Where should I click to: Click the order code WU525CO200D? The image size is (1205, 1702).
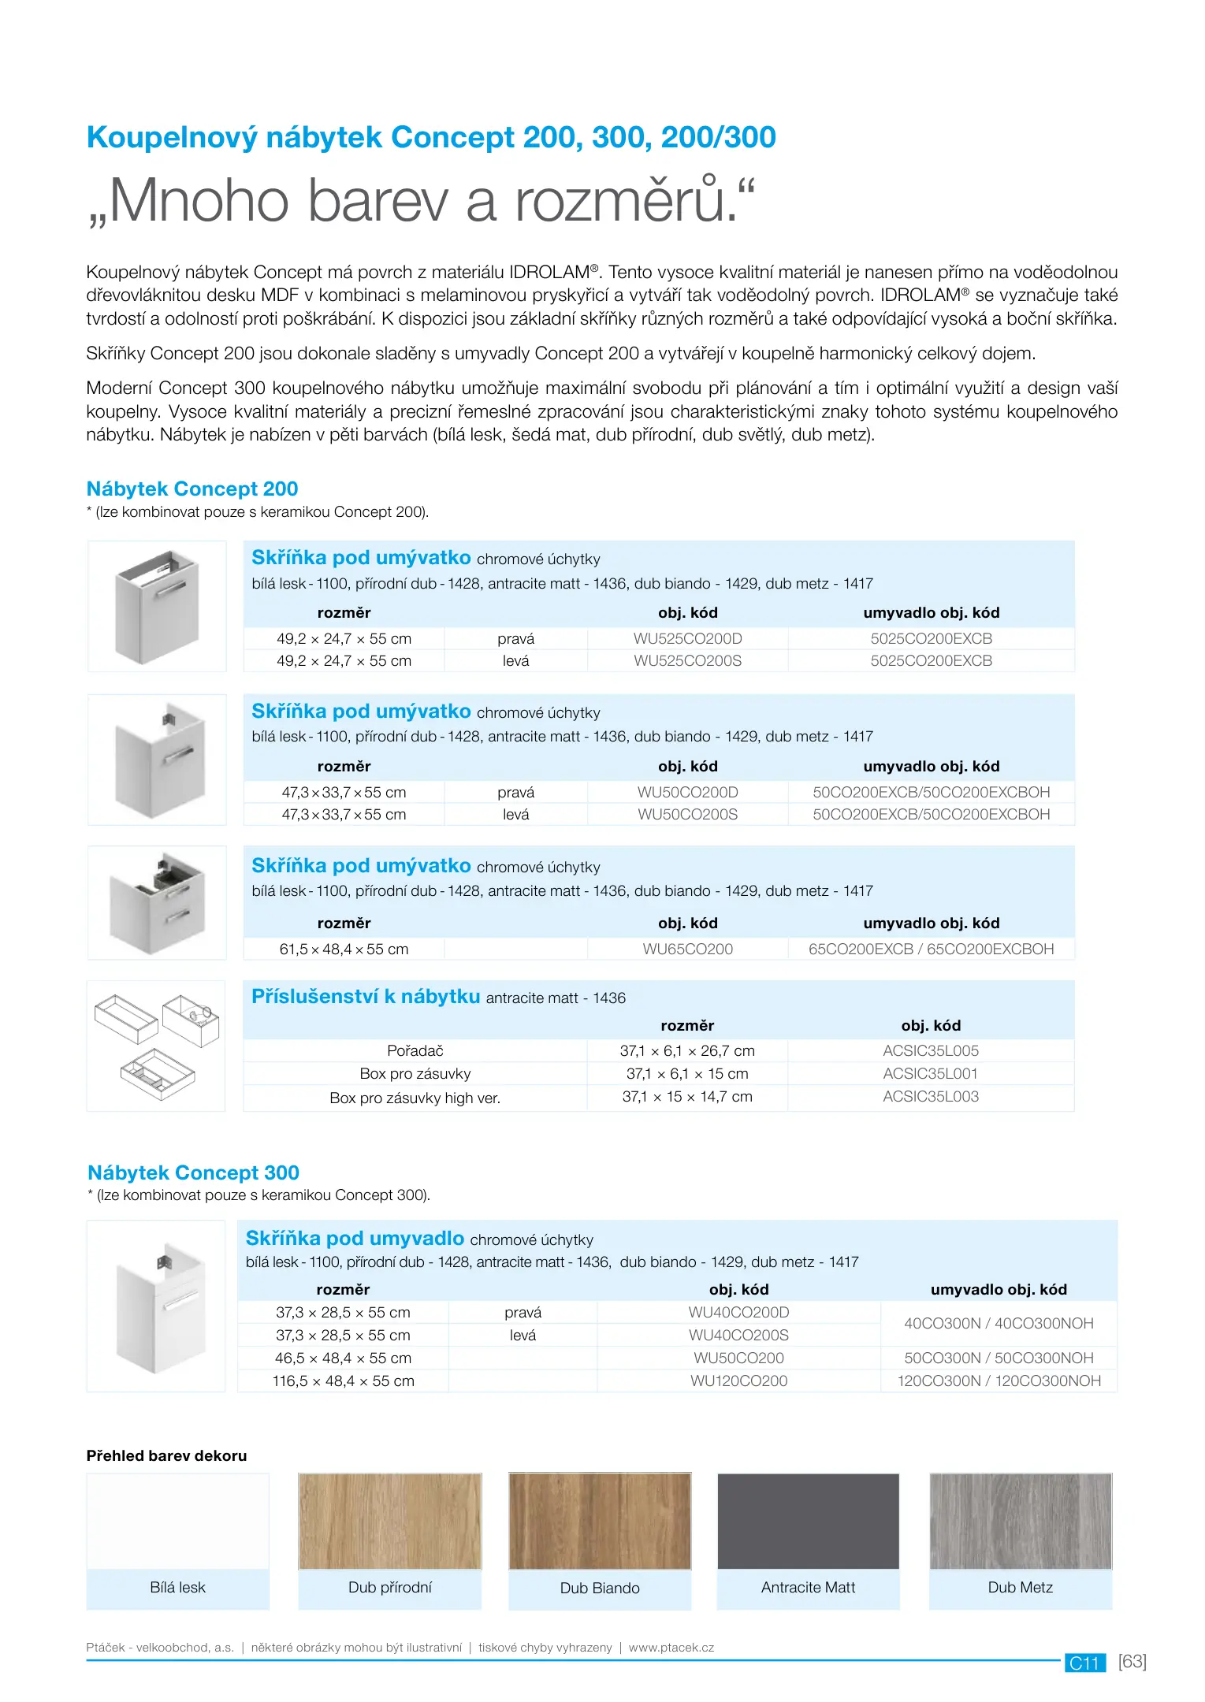click(x=687, y=638)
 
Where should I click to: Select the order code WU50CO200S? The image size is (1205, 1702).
click(x=687, y=814)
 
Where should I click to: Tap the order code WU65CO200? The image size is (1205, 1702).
click(x=687, y=949)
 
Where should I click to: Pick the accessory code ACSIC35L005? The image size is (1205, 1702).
click(x=930, y=1050)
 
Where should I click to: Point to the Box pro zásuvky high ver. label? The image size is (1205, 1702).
click(x=415, y=1098)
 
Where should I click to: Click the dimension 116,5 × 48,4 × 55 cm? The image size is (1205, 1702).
click(x=343, y=1381)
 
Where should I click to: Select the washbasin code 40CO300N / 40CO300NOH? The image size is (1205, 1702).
click(x=999, y=1323)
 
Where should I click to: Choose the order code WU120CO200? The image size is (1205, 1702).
click(x=738, y=1381)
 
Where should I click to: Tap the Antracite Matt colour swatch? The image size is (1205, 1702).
click(x=808, y=1521)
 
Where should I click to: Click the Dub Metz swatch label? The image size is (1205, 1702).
click(x=1020, y=1587)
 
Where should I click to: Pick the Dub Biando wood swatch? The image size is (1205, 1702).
click(x=600, y=1521)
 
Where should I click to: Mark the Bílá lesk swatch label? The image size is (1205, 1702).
click(x=177, y=1587)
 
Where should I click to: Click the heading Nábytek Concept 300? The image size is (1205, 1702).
click(x=193, y=1172)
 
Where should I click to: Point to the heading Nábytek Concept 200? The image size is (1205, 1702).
click(x=192, y=489)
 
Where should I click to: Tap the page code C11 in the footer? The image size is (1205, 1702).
click(x=1084, y=1663)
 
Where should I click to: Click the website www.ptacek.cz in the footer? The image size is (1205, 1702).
click(x=671, y=1647)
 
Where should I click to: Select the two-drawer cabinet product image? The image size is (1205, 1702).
click(x=157, y=903)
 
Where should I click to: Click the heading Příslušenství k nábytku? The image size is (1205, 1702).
click(x=366, y=997)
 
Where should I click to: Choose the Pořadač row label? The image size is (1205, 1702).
click(x=415, y=1050)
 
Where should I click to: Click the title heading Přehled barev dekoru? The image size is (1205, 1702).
click(x=166, y=1455)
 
